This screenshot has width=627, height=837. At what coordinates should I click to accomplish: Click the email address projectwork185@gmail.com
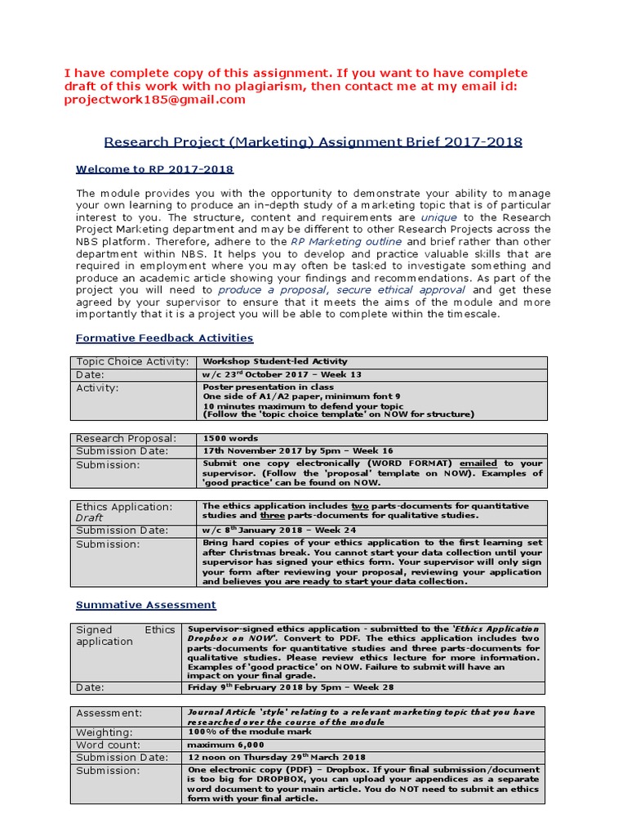154,100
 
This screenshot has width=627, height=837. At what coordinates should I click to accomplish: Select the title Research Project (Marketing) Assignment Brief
314,141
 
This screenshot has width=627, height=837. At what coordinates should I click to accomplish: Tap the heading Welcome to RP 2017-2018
154,169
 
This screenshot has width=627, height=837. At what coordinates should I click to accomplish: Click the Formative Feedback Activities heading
164,338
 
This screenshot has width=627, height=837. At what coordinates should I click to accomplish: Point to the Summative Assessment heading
145,605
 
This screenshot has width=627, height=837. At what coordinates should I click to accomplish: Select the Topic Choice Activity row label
132,361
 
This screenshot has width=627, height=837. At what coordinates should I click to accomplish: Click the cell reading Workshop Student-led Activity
274,361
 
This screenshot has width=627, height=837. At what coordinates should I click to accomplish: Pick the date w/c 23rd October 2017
282,374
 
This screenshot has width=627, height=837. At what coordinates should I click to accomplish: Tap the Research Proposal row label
126,438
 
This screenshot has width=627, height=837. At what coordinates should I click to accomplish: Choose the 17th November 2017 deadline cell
297,450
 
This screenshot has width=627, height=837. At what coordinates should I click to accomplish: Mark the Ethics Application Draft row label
124,512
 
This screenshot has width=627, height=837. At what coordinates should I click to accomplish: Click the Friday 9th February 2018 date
291,687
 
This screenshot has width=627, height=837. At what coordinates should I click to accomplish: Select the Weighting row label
104,732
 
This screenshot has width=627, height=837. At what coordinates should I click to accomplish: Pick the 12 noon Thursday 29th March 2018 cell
276,757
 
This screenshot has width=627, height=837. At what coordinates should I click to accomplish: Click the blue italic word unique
439,218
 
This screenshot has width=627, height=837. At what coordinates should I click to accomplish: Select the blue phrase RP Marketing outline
345,242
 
